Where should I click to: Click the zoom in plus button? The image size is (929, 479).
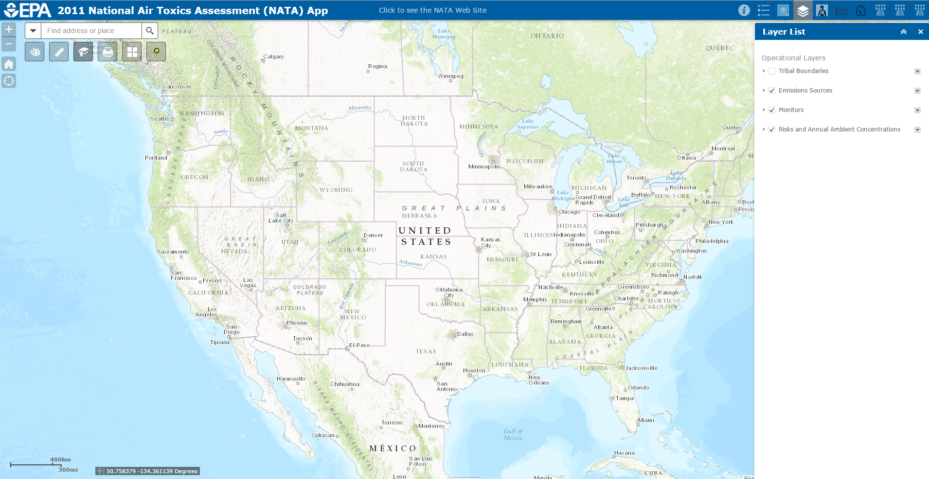click(x=9, y=30)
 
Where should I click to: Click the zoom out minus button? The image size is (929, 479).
click(x=9, y=44)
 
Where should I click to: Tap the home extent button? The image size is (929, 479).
click(x=9, y=64)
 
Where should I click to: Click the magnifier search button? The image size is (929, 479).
click(x=150, y=31)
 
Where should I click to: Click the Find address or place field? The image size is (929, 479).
click(x=91, y=31)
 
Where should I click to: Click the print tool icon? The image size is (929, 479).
click(x=107, y=52)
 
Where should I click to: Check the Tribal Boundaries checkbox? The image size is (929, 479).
click(x=772, y=71)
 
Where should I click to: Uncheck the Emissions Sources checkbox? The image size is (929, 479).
click(x=772, y=91)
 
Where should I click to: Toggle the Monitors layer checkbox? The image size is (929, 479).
click(x=772, y=110)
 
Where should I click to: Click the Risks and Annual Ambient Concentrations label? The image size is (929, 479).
click(x=839, y=129)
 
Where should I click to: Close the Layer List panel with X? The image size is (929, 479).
click(x=920, y=32)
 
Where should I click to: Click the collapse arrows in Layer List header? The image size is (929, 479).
click(x=904, y=32)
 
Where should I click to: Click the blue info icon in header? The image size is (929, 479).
click(x=744, y=10)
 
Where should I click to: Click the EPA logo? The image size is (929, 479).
click(x=28, y=10)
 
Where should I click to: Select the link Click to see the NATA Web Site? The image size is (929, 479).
click(x=432, y=10)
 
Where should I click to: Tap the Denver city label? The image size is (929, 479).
click(x=373, y=235)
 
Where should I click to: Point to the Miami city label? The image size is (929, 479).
click(x=646, y=420)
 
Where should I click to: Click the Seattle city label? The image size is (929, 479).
click(x=160, y=119)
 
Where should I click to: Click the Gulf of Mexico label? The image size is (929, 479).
click(x=513, y=434)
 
